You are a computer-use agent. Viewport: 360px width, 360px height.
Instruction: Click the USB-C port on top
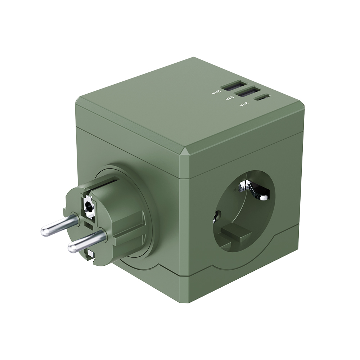click(x=261, y=96)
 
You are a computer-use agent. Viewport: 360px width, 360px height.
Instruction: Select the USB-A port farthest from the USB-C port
click(x=234, y=85)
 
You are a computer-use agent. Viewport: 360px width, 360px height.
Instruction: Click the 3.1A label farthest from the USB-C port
click(x=216, y=93)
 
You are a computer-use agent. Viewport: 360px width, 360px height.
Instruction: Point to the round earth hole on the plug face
click(x=88, y=206)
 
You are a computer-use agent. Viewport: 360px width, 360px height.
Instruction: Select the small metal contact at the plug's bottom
click(x=90, y=255)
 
